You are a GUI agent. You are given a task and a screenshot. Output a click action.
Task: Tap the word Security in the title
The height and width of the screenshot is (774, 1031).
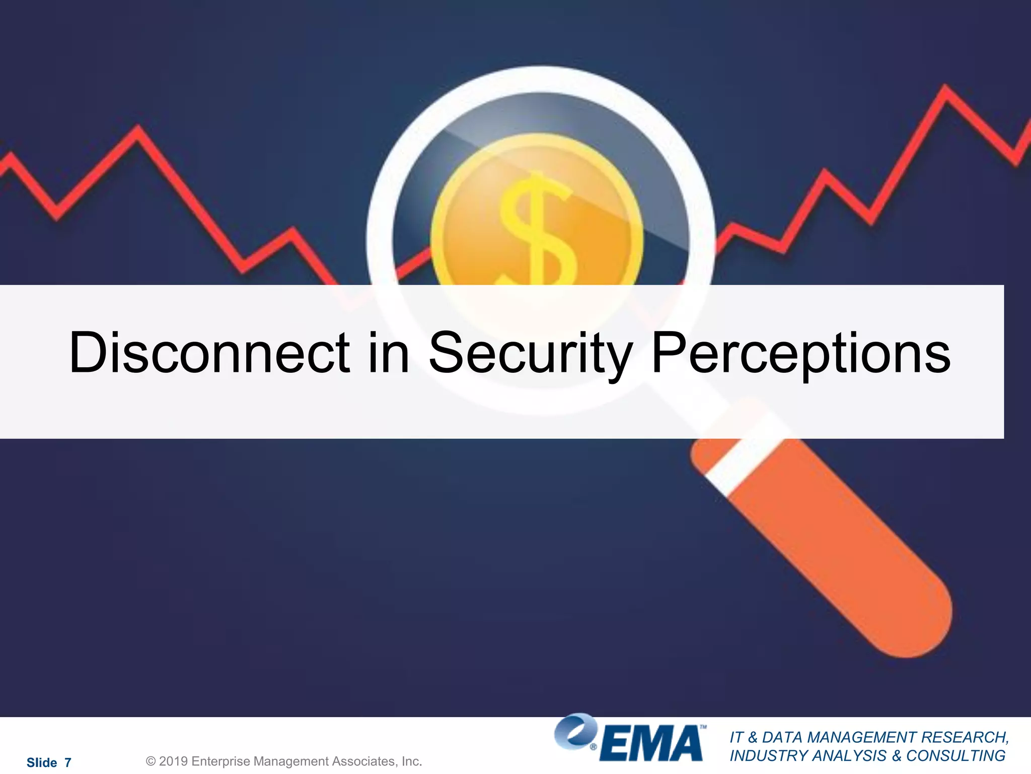tap(530, 354)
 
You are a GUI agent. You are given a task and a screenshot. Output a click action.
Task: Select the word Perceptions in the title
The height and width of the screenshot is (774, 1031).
tap(801, 354)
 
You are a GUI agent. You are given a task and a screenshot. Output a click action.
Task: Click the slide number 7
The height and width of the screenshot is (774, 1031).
tap(68, 762)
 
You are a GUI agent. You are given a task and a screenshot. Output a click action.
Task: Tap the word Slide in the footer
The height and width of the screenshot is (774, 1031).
tap(42, 762)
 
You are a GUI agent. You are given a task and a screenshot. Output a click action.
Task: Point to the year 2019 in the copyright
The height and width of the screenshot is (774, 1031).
tap(174, 761)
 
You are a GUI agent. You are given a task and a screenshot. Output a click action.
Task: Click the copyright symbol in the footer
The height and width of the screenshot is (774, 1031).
tap(151, 761)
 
